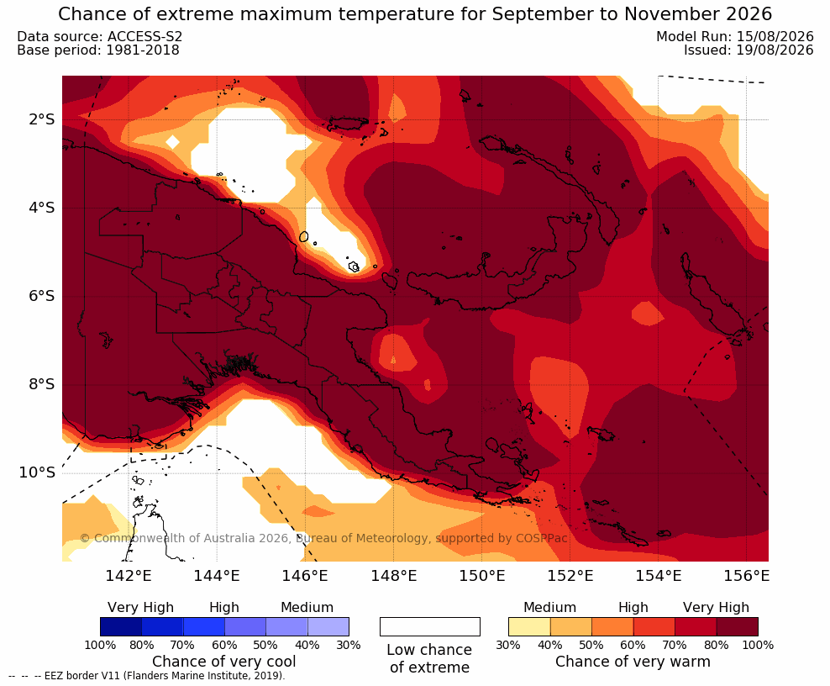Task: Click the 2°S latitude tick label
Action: pyautogui.click(x=41, y=119)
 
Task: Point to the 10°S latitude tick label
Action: pyautogui.click(x=37, y=472)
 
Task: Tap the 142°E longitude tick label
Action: pyautogui.click(x=129, y=575)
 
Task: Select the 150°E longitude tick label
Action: pyautogui.click(x=481, y=575)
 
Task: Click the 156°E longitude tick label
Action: pyautogui.click(x=746, y=575)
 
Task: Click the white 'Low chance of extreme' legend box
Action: pyautogui.click(x=430, y=626)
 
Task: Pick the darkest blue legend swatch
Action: pyautogui.click(x=121, y=626)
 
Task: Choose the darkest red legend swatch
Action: pyautogui.click(x=738, y=626)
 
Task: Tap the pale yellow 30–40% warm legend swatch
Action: pyautogui.click(x=529, y=626)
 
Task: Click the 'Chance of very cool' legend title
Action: pyautogui.click(x=224, y=662)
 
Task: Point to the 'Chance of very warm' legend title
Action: pyautogui.click(x=633, y=662)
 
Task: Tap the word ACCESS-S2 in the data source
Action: pyautogui.click(x=144, y=36)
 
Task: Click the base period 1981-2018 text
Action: pyautogui.click(x=143, y=50)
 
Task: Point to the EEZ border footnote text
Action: pyautogui.click(x=147, y=676)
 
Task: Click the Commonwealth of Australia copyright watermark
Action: pyautogui.click(x=323, y=538)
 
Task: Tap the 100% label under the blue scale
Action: pyautogui.click(x=100, y=645)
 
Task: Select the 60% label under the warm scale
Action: pyautogui.click(x=633, y=645)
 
